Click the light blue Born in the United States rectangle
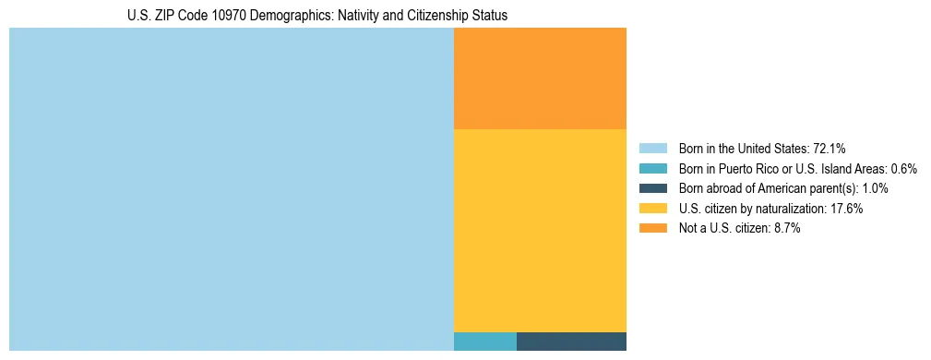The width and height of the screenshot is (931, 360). [x=231, y=189]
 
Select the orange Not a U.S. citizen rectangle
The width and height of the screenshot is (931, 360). [x=540, y=78]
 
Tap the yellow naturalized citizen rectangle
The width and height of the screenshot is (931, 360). [x=540, y=230]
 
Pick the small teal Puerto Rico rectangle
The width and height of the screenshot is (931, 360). [x=484, y=341]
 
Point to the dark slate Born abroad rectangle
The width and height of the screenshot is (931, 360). [x=571, y=341]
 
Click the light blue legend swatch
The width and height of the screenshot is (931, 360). [x=652, y=149]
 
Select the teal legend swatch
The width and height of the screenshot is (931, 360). [x=652, y=169]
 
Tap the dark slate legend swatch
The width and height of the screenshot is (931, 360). [x=652, y=188]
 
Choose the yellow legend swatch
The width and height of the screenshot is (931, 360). [x=652, y=209]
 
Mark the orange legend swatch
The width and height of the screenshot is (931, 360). [x=652, y=229]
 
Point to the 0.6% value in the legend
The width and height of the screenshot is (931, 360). [x=903, y=169]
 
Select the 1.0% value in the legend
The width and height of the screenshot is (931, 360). [x=874, y=188]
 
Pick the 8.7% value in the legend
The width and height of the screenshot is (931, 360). [x=785, y=229]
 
